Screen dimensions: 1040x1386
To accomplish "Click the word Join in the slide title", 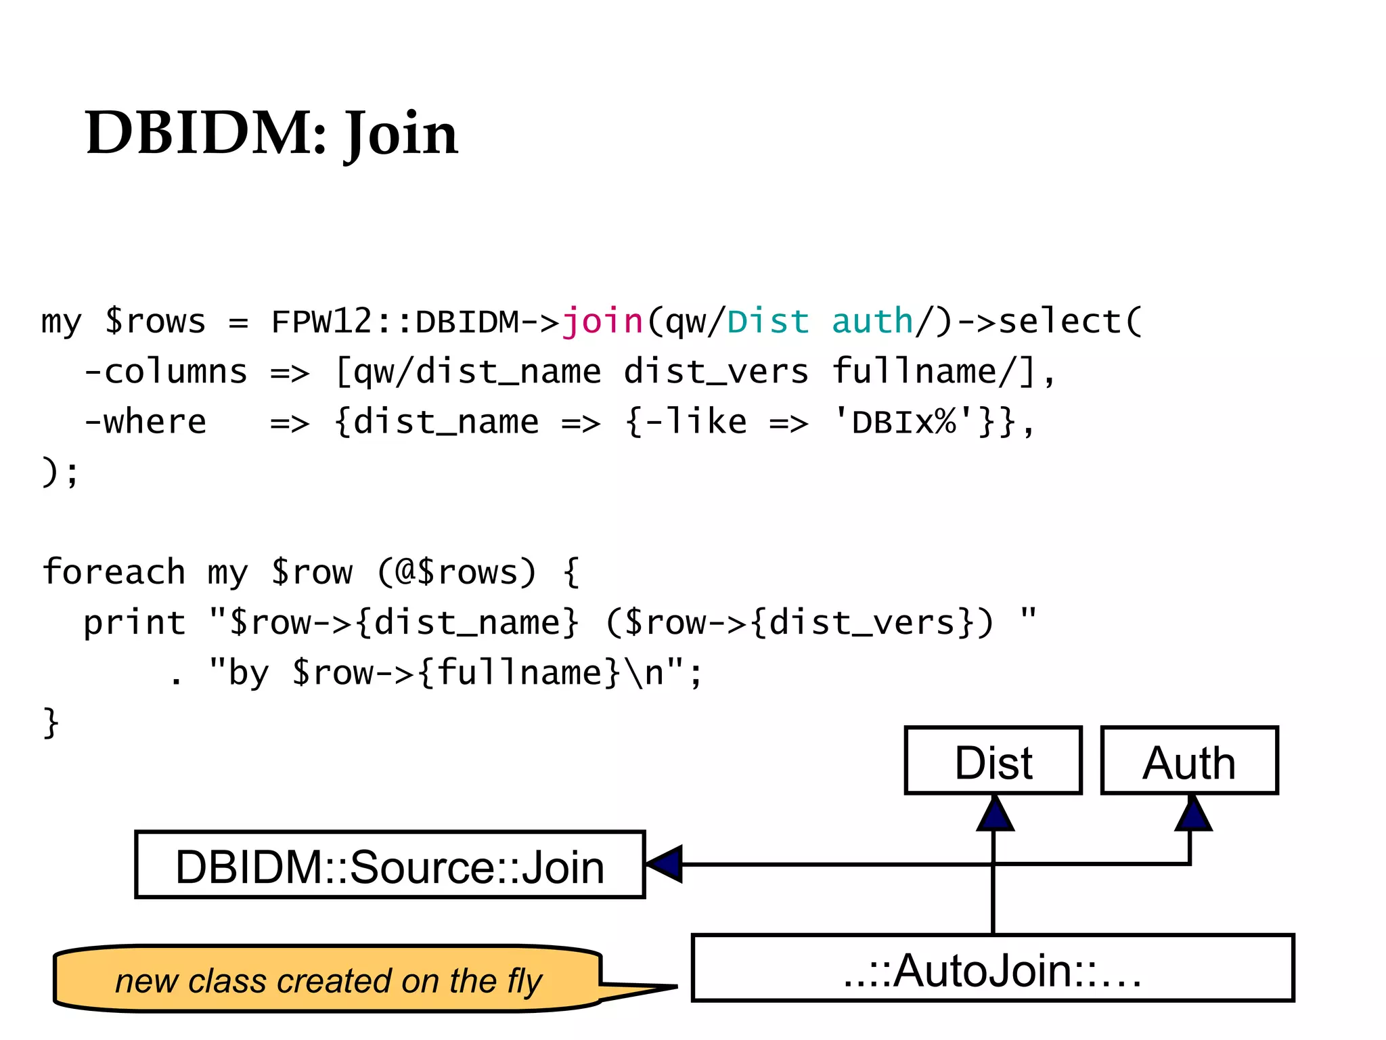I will (x=401, y=133).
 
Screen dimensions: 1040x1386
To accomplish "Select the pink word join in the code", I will (x=602, y=321).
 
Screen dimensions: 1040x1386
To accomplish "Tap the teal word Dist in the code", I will (x=768, y=321).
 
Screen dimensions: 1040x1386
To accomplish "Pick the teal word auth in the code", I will (x=872, y=321).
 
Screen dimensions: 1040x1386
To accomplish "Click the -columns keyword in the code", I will (x=165, y=372).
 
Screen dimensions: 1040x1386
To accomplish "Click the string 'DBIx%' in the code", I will (x=904, y=422).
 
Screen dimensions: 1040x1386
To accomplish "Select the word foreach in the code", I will (x=113, y=571).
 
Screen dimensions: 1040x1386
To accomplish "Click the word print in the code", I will (x=134, y=622).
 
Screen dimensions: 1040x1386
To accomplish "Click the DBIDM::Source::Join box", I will (x=390, y=865).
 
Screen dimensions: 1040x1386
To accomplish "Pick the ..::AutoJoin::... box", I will (x=992, y=968).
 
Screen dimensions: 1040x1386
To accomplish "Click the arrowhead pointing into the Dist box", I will (x=994, y=815).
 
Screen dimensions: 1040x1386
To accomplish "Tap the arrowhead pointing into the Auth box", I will (x=1192, y=815).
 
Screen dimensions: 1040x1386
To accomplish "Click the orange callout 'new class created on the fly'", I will (x=328, y=980).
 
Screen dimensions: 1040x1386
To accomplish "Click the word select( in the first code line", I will (x=1070, y=321).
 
